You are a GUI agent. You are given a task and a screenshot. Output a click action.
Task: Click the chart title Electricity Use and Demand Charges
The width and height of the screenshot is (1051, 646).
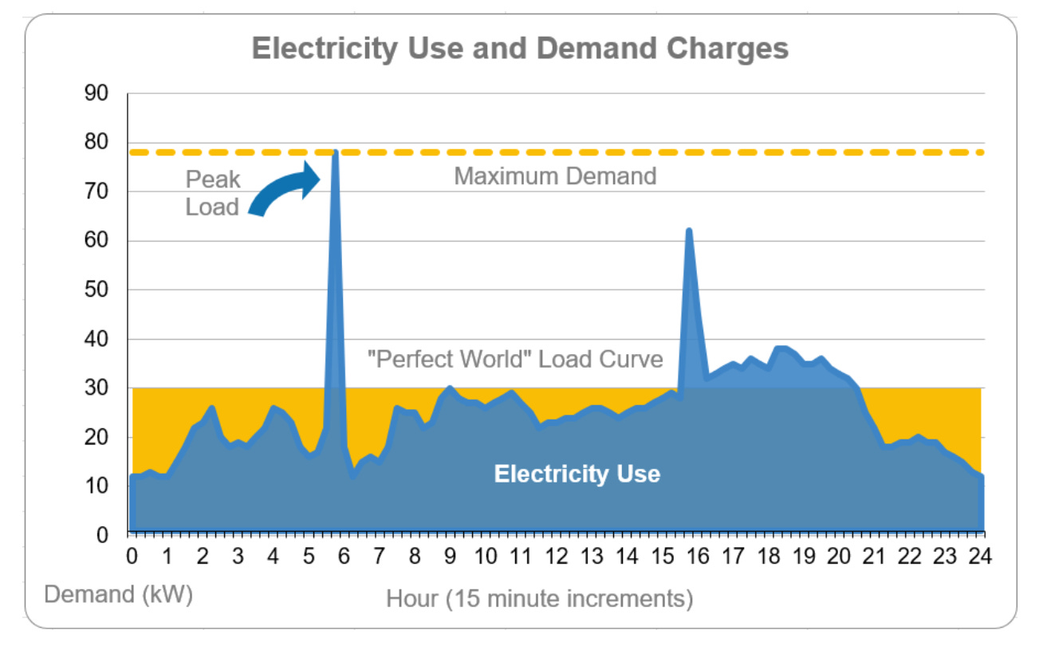click(520, 49)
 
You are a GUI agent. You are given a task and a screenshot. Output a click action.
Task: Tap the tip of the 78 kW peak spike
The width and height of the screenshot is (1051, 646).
click(336, 152)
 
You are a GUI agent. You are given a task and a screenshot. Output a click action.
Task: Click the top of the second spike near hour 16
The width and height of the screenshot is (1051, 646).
click(689, 231)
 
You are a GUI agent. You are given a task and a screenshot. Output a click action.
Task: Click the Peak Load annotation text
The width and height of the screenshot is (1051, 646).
click(212, 193)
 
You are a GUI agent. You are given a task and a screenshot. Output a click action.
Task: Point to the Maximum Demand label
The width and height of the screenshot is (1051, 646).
click(555, 175)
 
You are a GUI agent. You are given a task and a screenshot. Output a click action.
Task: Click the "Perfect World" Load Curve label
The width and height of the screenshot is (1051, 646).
click(515, 359)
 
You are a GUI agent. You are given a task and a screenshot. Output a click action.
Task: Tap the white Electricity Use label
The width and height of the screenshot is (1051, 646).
click(577, 474)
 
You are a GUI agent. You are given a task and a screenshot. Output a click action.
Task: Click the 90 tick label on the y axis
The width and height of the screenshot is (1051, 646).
click(96, 93)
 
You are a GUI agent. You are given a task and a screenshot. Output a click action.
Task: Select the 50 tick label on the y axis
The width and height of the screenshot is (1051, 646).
click(96, 290)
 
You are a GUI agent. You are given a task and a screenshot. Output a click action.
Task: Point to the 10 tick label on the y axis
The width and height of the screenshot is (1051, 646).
click(96, 487)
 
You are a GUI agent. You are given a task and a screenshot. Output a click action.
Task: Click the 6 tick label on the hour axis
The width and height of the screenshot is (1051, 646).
click(344, 557)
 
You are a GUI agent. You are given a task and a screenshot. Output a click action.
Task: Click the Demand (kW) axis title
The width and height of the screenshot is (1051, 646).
click(119, 594)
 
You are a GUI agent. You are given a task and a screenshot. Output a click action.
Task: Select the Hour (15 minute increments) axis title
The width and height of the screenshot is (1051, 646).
click(540, 598)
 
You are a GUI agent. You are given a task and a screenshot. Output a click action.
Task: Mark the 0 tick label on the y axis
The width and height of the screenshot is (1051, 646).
click(102, 536)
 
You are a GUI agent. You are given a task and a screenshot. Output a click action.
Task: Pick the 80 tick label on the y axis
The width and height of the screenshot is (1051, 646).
click(96, 143)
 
